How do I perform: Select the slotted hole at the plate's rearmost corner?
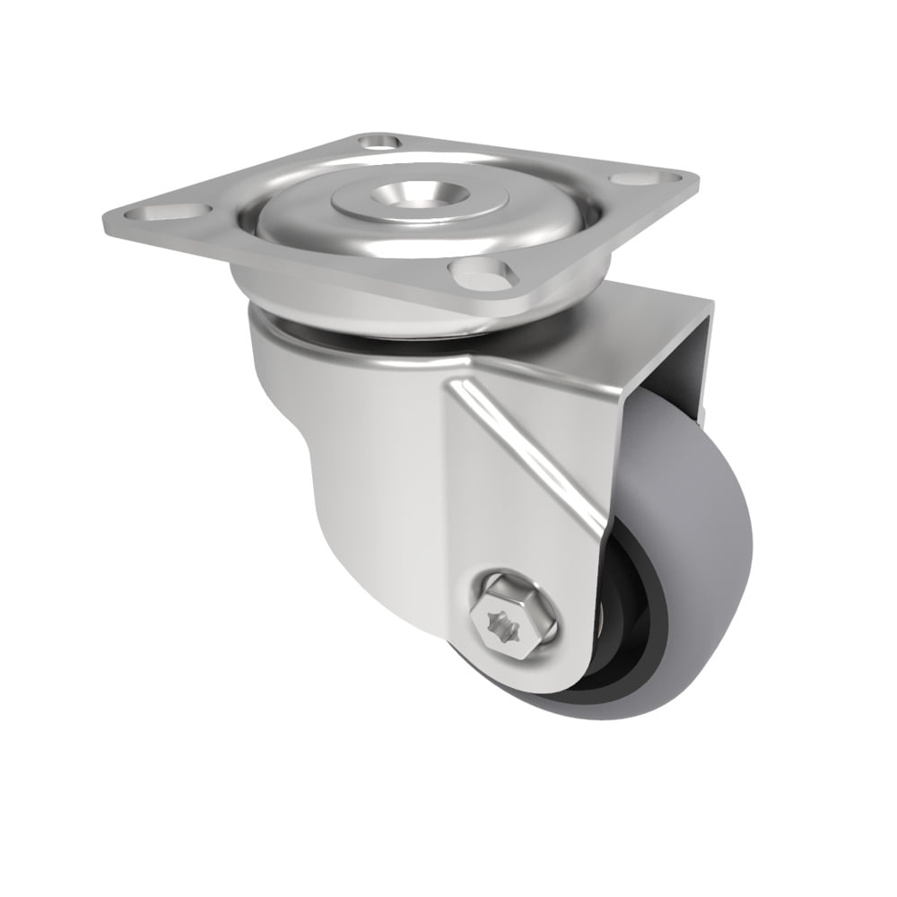click(x=379, y=142)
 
